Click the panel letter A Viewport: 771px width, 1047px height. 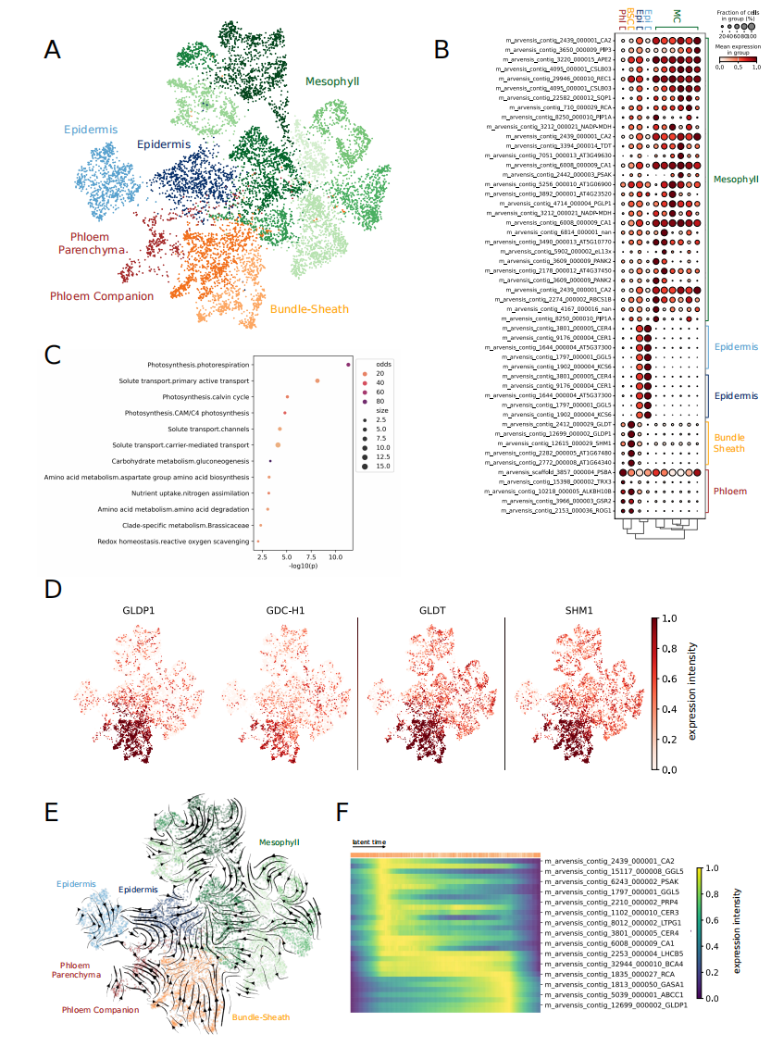[x=53, y=49]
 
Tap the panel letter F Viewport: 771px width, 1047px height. [x=342, y=812]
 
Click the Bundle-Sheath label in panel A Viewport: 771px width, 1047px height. [x=310, y=308]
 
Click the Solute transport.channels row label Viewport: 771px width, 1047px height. [x=214, y=429]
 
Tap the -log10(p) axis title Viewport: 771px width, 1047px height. [x=298, y=566]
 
